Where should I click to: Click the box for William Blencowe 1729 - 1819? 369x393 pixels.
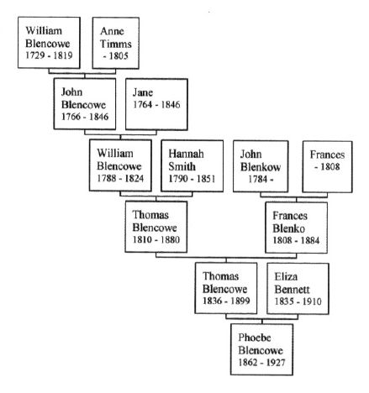pyautogui.click(x=49, y=43)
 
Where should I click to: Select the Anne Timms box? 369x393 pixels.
pyautogui.click(x=116, y=43)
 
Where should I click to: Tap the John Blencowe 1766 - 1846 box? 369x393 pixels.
pyautogui.click(x=85, y=104)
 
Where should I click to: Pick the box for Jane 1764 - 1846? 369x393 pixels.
pyautogui.click(x=156, y=104)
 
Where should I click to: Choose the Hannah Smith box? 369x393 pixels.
pyautogui.click(x=192, y=165)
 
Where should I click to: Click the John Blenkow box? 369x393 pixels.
pyautogui.click(x=261, y=166)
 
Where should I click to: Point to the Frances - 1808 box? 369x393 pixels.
pyautogui.click(x=327, y=166)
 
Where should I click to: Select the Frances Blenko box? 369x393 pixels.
pyautogui.click(x=296, y=228)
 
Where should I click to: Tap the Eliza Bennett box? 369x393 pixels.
pyautogui.click(x=298, y=289)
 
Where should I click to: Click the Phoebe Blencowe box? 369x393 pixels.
pyautogui.click(x=261, y=349)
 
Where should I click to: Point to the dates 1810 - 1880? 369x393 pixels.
pyautogui.click(x=156, y=239)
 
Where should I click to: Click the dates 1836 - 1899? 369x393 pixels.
pyautogui.click(x=226, y=301)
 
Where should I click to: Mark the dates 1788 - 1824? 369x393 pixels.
pyautogui.click(x=120, y=178)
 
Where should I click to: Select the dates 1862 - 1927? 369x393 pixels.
pyautogui.click(x=261, y=362)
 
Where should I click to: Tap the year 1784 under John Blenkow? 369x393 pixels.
pyautogui.click(x=257, y=179)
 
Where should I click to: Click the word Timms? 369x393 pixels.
pyautogui.click(x=116, y=44)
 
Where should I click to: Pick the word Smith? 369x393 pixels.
pyautogui.click(x=182, y=166)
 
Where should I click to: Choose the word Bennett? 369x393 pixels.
pyautogui.click(x=292, y=289)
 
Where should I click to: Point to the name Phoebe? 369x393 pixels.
pyautogui.click(x=255, y=338)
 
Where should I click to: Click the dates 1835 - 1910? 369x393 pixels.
pyautogui.click(x=298, y=301)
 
